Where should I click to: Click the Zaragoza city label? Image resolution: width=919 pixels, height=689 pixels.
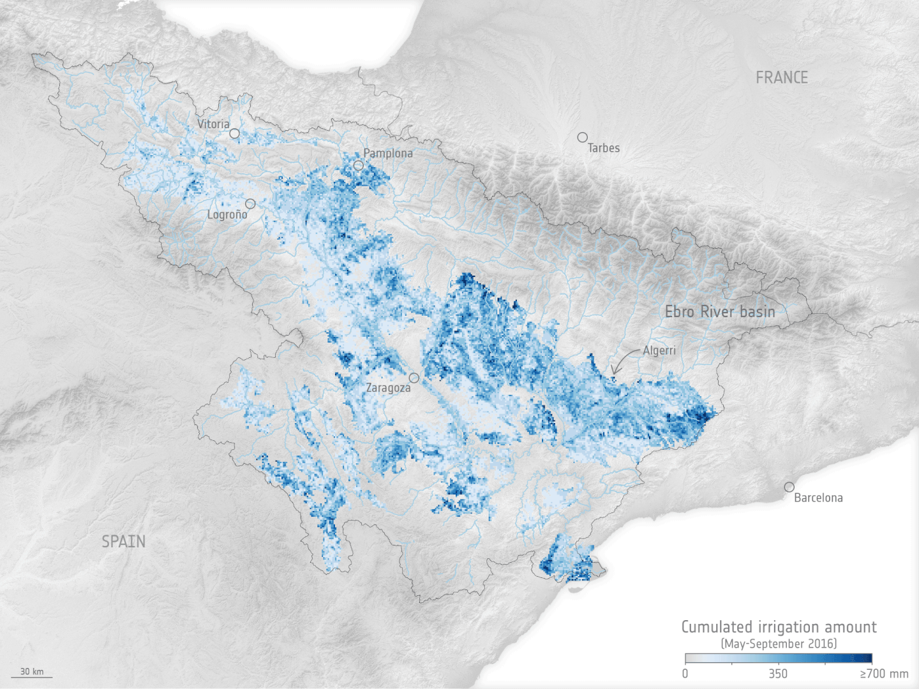click(x=388, y=388)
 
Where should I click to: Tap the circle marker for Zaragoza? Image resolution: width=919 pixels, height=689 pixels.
click(x=414, y=378)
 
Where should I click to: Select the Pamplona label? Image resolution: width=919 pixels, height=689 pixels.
click(x=388, y=153)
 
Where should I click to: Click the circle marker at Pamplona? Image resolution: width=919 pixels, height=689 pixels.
click(x=359, y=165)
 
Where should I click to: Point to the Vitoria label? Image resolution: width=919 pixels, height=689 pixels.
click(x=213, y=124)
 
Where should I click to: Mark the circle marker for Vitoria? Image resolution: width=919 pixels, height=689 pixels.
click(x=235, y=133)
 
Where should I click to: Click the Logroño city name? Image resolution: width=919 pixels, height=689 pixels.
click(x=227, y=214)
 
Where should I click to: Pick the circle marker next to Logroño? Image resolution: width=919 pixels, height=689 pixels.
click(x=250, y=204)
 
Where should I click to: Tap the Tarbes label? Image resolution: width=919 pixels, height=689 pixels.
click(x=604, y=148)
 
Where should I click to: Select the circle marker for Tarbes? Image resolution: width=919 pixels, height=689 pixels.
click(x=582, y=137)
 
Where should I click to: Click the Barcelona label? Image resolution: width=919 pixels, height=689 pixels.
click(x=818, y=498)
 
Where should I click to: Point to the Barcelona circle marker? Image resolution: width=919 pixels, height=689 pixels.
click(x=789, y=487)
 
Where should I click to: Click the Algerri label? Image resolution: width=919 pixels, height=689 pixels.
click(x=659, y=350)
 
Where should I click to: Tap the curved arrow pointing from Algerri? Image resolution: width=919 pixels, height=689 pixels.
click(x=622, y=360)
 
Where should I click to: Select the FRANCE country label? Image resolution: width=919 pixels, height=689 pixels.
click(x=782, y=78)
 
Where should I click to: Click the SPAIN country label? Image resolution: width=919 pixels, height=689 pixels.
click(x=124, y=542)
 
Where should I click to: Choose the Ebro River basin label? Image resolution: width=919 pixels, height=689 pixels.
click(x=720, y=312)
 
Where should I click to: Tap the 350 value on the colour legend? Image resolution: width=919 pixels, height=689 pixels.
click(x=778, y=674)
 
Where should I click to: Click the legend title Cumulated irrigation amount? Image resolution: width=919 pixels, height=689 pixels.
click(x=779, y=627)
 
